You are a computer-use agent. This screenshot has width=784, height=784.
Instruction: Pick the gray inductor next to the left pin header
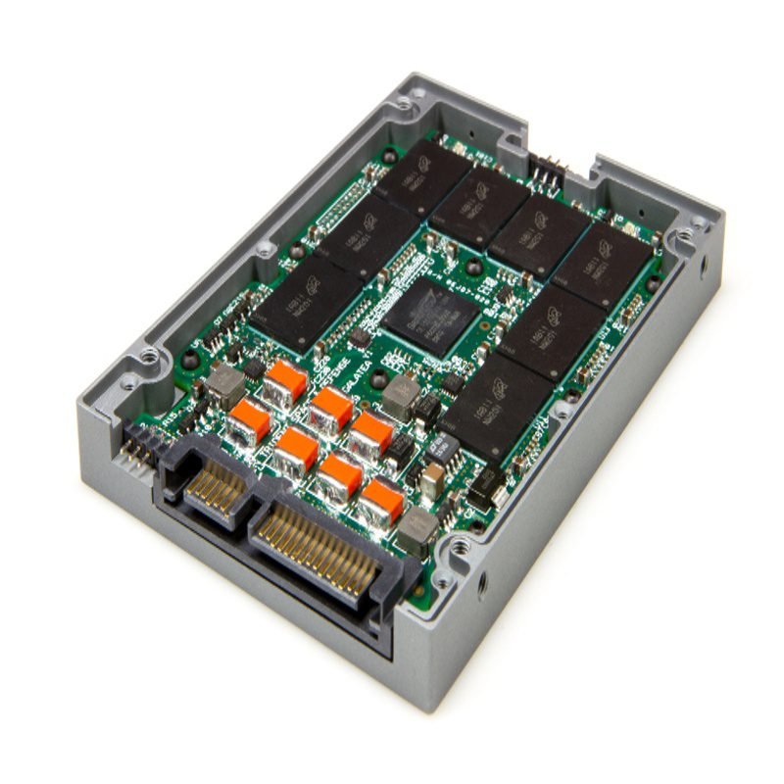click(x=223, y=385)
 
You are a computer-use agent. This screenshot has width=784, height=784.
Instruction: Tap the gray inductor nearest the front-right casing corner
click(x=419, y=529)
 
